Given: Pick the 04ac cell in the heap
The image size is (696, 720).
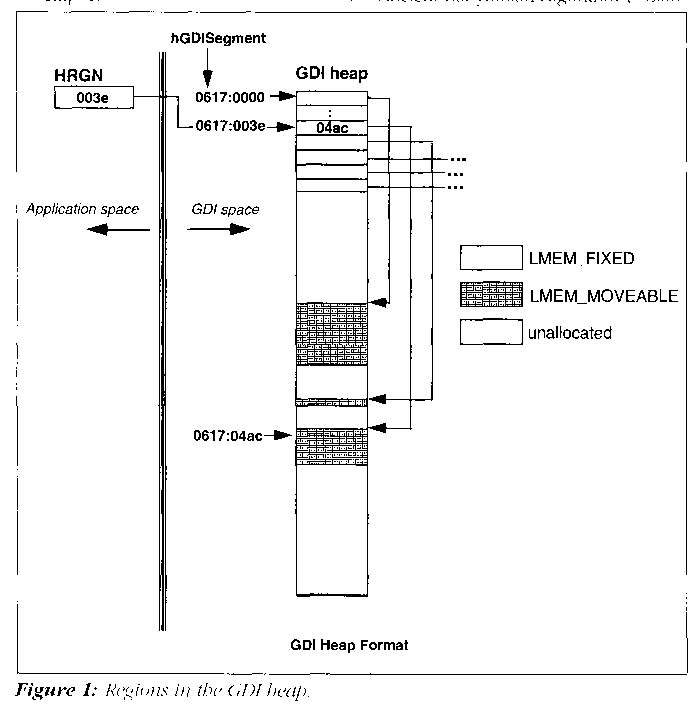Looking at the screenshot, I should click(332, 127).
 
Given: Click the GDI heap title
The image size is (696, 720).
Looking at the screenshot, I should click(333, 74).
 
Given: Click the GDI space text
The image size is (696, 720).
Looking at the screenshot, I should click(225, 209).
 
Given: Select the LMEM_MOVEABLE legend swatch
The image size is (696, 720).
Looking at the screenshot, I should click(489, 296).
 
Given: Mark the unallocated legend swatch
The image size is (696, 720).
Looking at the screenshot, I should click(489, 333).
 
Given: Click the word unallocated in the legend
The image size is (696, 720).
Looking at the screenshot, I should click(569, 333).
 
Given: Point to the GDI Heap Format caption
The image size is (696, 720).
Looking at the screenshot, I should click(349, 645).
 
